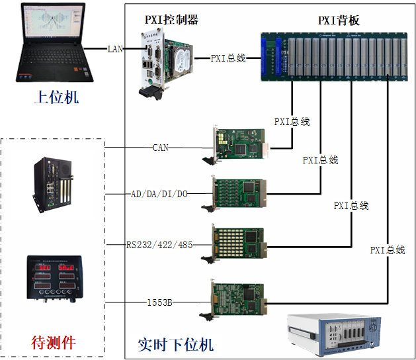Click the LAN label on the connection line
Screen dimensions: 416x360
pyautogui.click(x=115, y=49)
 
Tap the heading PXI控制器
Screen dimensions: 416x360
pyautogui.click(x=172, y=20)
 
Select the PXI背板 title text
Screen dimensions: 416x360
pyautogui.click(x=339, y=21)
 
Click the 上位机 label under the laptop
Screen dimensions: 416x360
pyautogui.click(x=56, y=97)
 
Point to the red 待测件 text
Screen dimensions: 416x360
pyautogui.click(x=54, y=343)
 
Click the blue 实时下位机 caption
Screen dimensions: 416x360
pyautogui.click(x=176, y=345)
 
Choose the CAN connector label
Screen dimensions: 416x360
pyautogui.click(x=161, y=148)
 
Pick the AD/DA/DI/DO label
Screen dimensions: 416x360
pyautogui.click(x=159, y=194)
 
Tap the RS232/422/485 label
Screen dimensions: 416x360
pyautogui.click(x=159, y=245)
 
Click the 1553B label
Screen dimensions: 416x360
pyautogui.click(x=159, y=302)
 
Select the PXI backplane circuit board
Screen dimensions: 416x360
pyautogui.click(x=334, y=57)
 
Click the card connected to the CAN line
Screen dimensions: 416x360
pyautogui.click(x=235, y=144)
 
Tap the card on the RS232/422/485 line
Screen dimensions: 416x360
pyautogui.click(x=234, y=244)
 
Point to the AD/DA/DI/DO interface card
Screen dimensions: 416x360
pyautogui.click(x=234, y=193)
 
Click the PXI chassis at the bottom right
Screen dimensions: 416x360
pyautogui.click(x=334, y=335)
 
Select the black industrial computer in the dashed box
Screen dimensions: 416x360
pyautogui.click(x=53, y=185)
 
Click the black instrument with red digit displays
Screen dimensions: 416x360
pyautogui.click(x=54, y=279)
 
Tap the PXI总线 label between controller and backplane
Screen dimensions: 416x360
pyautogui.click(x=228, y=58)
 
